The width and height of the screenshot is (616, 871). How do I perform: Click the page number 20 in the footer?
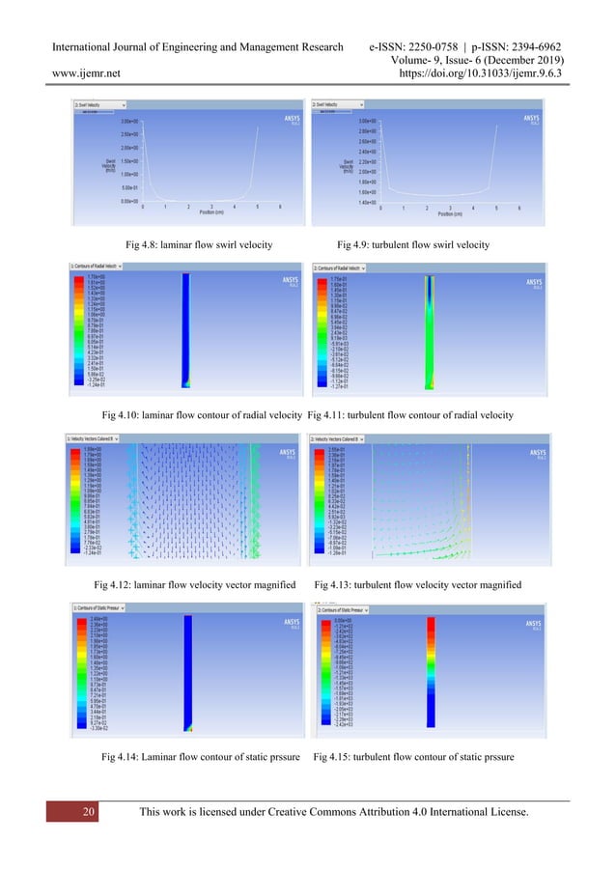[x=89, y=813]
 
